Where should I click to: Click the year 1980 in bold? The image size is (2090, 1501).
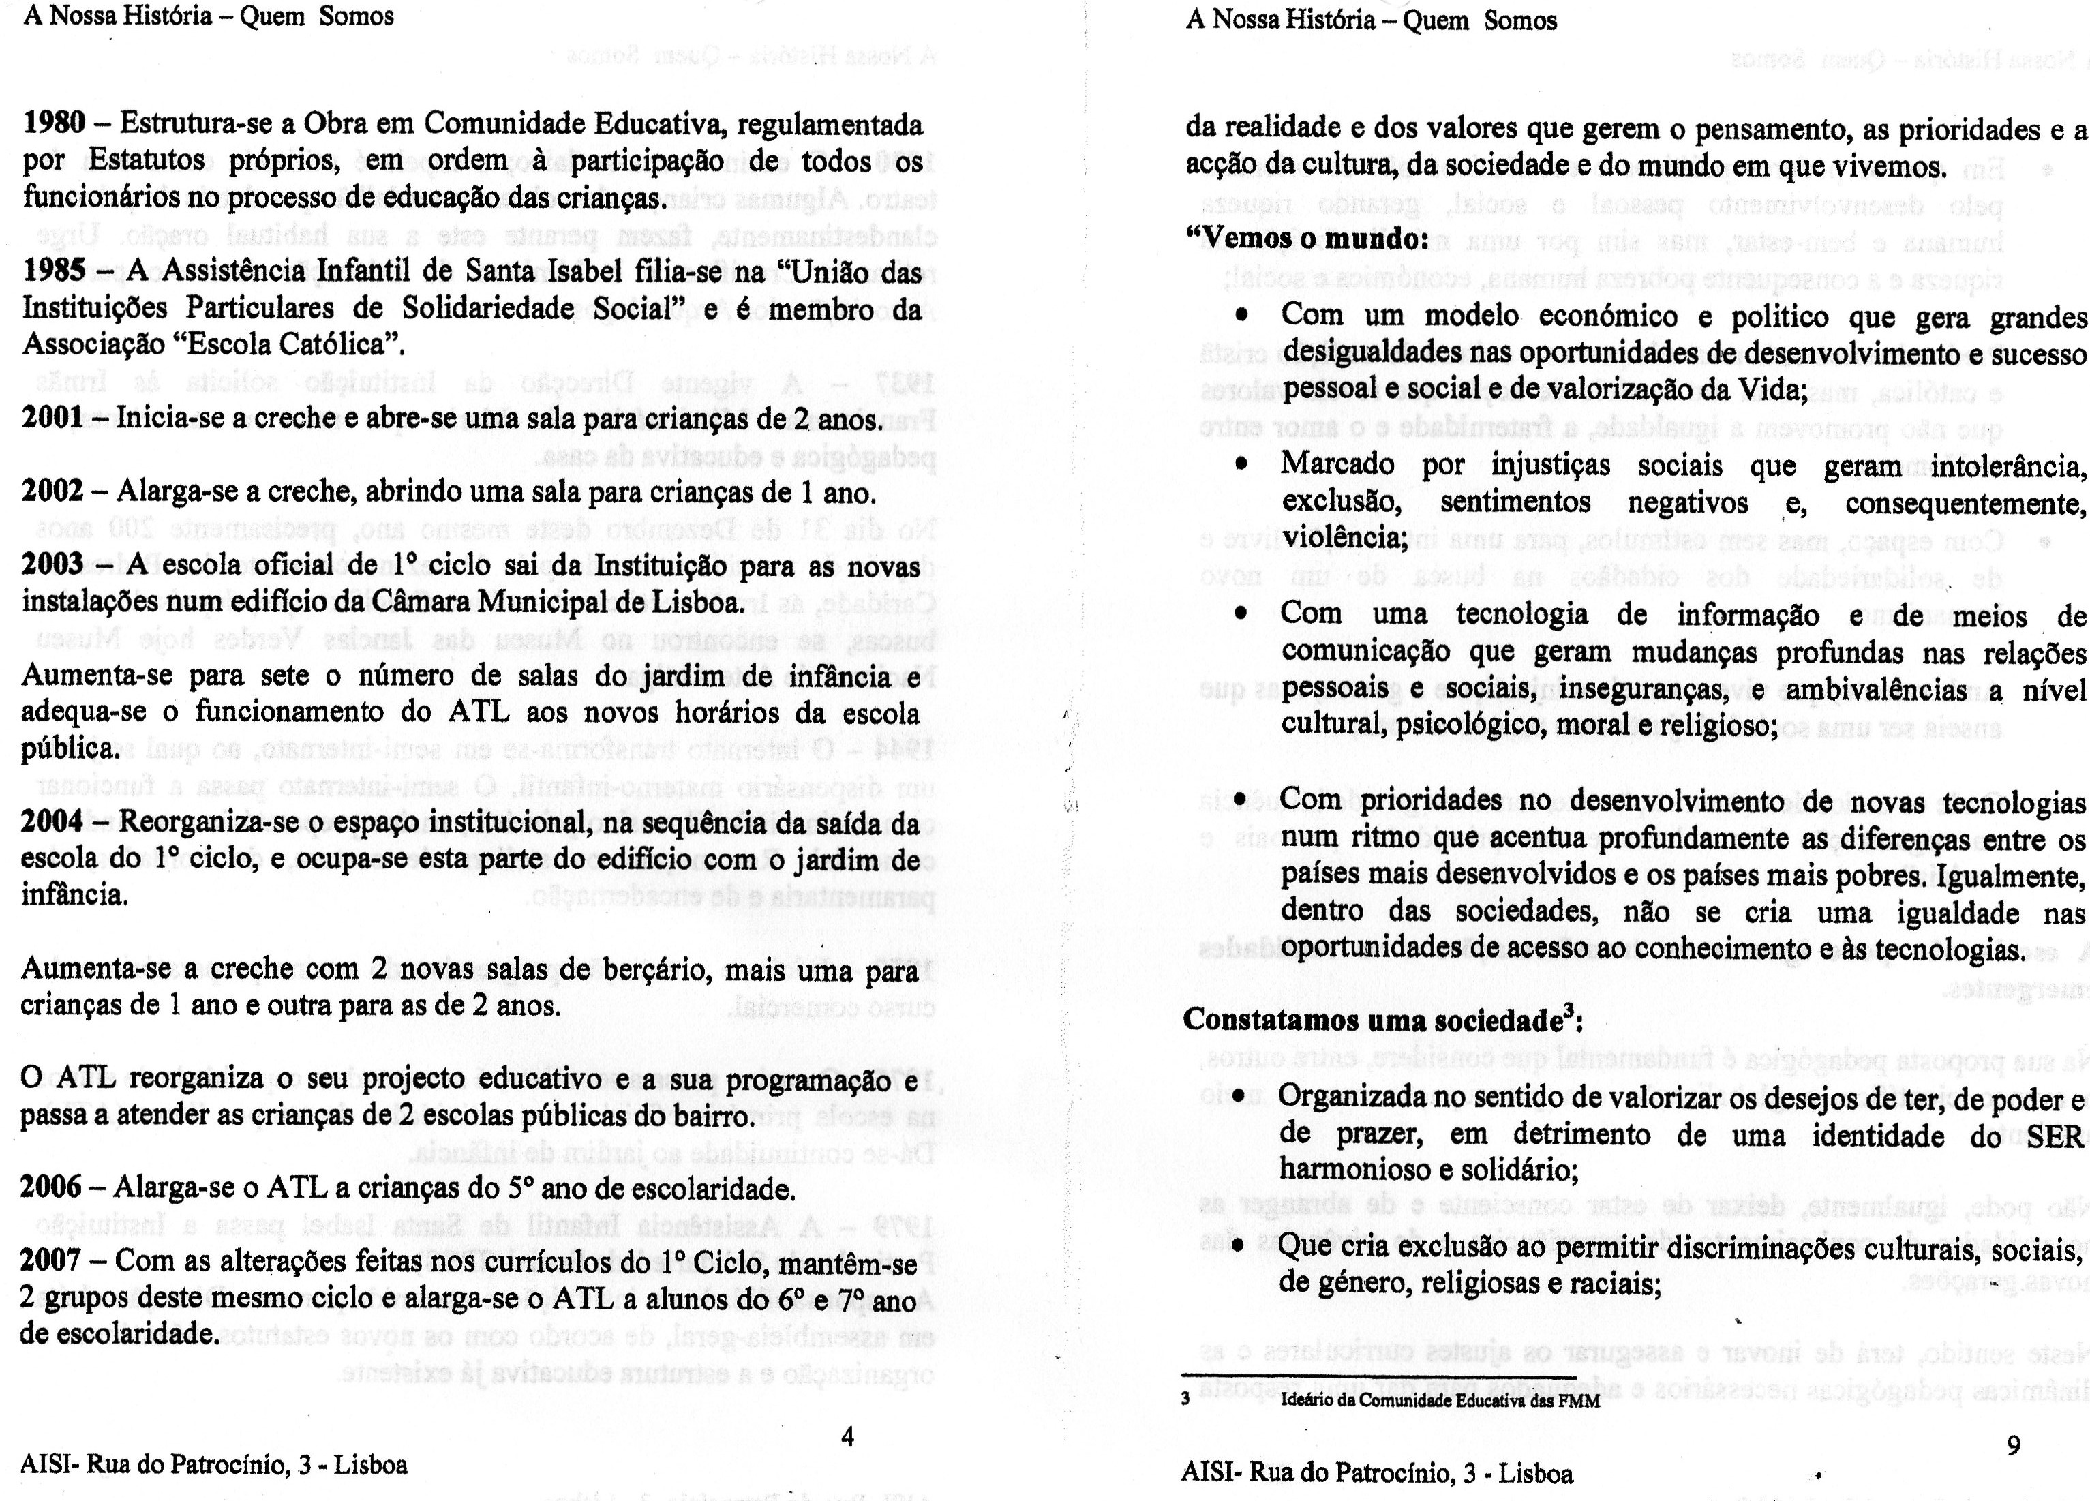[53, 123]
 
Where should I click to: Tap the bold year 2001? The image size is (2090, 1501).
[52, 419]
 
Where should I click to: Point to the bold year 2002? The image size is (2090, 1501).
[52, 492]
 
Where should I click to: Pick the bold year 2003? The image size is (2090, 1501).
[52, 565]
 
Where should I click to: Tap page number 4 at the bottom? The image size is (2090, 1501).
[848, 1436]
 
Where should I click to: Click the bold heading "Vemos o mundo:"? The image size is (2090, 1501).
[1306, 239]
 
